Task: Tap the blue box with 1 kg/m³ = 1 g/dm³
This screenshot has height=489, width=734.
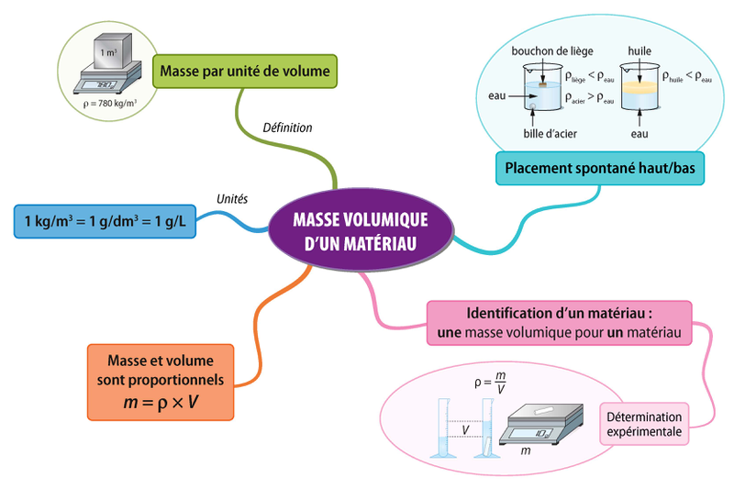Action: pyautogui.click(x=105, y=221)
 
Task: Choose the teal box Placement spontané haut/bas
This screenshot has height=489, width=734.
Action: pyautogui.click(x=589, y=168)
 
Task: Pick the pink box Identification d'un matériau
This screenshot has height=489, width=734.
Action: pyautogui.click(x=560, y=322)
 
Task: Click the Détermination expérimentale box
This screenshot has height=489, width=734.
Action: pyautogui.click(x=645, y=423)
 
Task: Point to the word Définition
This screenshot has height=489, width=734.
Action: pyautogui.click(x=287, y=128)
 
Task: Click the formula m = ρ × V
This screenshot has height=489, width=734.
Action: pyautogui.click(x=161, y=401)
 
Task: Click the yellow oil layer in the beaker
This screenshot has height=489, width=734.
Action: pyautogui.click(x=639, y=90)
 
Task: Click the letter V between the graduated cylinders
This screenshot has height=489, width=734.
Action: pyautogui.click(x=466, y=428)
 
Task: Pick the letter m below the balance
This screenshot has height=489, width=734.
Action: pyautogui.click(x=524, y=451)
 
